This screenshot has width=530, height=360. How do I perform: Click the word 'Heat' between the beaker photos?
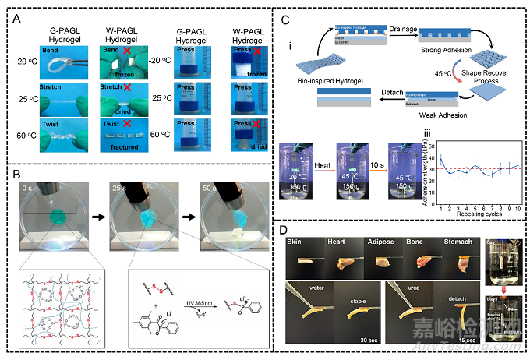click(x=323, y=165)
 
